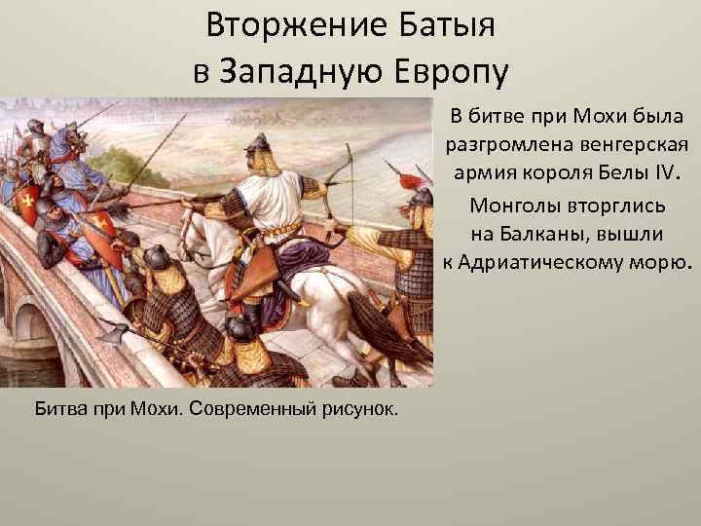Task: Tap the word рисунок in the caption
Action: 358,405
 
